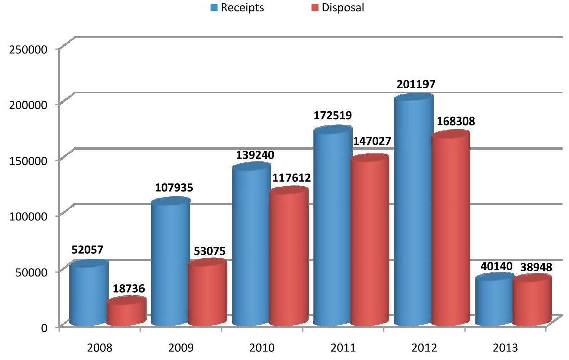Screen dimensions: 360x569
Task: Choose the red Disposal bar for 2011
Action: click(369, 241)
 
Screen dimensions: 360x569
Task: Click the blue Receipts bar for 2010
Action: click(251, 246)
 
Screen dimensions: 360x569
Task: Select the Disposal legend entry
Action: click(338, 8)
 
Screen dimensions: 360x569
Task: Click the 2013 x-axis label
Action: click(505, 348)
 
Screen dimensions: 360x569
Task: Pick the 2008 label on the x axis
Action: click(100, 348)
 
